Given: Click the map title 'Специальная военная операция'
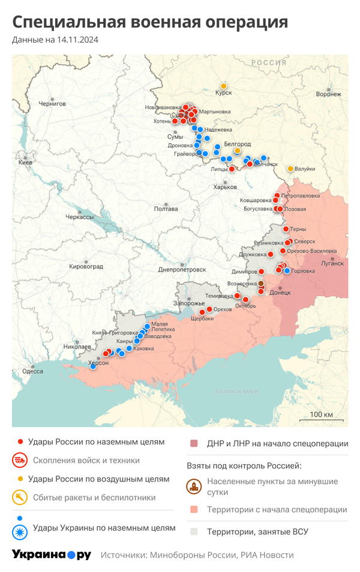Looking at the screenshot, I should click(x=150, y=22).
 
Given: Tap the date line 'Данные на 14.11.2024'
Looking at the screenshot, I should click(x=55, y=40).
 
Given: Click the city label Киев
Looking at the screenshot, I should click(x=26, y=162).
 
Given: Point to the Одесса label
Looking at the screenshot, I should click(x=32, y=371).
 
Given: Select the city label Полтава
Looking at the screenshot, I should click(x=166, y=209).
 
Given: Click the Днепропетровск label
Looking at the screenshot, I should click(x=182, y=270).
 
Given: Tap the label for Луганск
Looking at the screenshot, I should click(x=333, y=263).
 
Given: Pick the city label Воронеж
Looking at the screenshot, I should click(x=328, y=94).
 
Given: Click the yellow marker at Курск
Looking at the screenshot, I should click(x=224, y=86).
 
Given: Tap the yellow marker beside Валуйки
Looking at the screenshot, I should click(x=291, y=168).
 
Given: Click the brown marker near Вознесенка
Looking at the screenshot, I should click(x=261, y=283).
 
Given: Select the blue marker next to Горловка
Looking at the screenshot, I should click(x=287, y=271).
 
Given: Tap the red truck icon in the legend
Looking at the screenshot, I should click(x=19, y=460).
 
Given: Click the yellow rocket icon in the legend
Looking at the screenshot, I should click(x=19, y=497).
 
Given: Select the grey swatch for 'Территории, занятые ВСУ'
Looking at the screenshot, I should click(x=194, y=531).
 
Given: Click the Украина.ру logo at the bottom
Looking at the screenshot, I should click(x=52, y=555).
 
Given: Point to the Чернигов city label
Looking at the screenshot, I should click(x=53, y=104).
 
